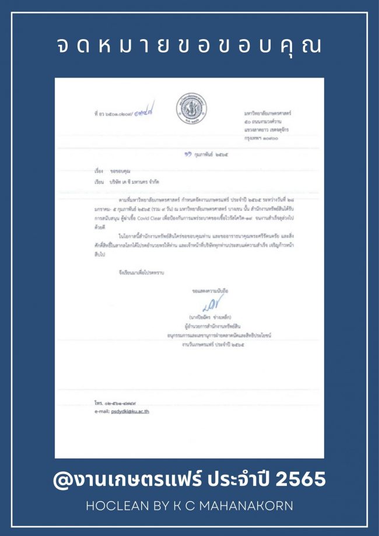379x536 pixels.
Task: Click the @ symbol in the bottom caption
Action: tap(62, 480)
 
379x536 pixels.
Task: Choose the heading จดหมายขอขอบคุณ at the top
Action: tap(189, 46)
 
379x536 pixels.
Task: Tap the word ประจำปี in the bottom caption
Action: tap(241, 479)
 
